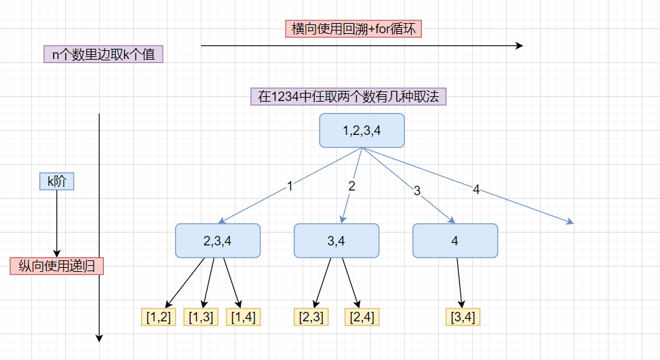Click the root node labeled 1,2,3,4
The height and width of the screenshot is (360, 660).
tap(362, 130)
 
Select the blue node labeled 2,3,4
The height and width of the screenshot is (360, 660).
tap(218, 241)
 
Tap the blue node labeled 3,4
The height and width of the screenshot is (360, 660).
tap(336, 241)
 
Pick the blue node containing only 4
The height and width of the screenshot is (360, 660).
tap(455, 241)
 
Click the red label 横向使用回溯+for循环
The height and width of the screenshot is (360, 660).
tap(353, 28)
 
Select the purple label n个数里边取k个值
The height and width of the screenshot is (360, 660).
tap(104, 54)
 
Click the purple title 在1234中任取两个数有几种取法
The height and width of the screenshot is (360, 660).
tap(348, 96)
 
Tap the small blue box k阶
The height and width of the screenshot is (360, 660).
tap(57, 181)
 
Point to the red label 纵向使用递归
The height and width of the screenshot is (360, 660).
tap(57, 266)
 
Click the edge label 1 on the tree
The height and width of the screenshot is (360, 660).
tap(290, 186)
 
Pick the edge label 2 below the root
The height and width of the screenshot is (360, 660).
tap(352, 186)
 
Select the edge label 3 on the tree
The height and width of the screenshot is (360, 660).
tap(417, 191)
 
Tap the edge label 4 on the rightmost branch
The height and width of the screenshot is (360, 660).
tap(476, 189)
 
